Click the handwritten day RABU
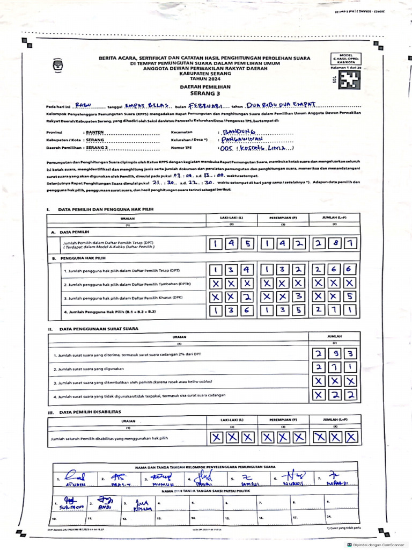[x=83, y=105]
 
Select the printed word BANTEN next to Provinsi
[x=94, y=132]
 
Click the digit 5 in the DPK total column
[x=349, y=296]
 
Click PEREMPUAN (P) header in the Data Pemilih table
[x=283, y=218]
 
